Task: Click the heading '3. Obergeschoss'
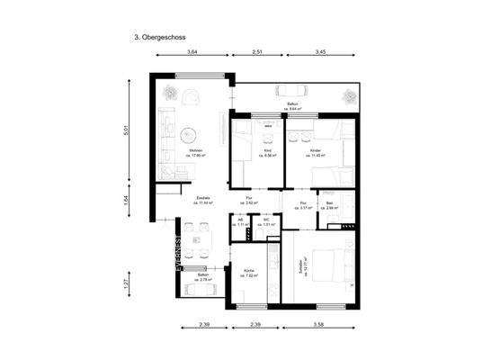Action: tap(159, 39)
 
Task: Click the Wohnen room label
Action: tap(195, 152)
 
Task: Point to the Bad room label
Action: tap(330, 205)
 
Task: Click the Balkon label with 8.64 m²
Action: tap(293, 106)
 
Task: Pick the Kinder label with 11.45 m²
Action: tap(316, 153)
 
